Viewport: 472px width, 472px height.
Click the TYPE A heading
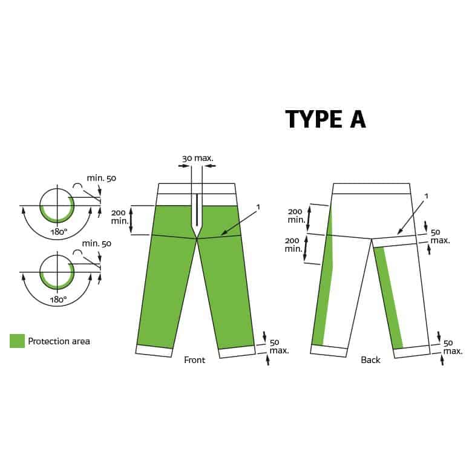(x=326, y=119)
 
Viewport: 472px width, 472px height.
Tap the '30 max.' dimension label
(x=197, y=158)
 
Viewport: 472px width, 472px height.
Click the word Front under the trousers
(x=194, y=360)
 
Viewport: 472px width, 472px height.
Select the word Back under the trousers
(x=370, y=360)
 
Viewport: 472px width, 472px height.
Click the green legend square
(x=17, y=341)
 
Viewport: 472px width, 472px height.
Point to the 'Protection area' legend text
(x=59, y=341)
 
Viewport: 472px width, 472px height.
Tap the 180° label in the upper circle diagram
(x=59, y=232)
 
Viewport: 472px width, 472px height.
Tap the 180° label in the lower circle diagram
(x=59, y=300)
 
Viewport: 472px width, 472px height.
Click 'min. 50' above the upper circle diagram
(x=102, y=178)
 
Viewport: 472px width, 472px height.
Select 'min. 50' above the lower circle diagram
(x=97, y=243)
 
